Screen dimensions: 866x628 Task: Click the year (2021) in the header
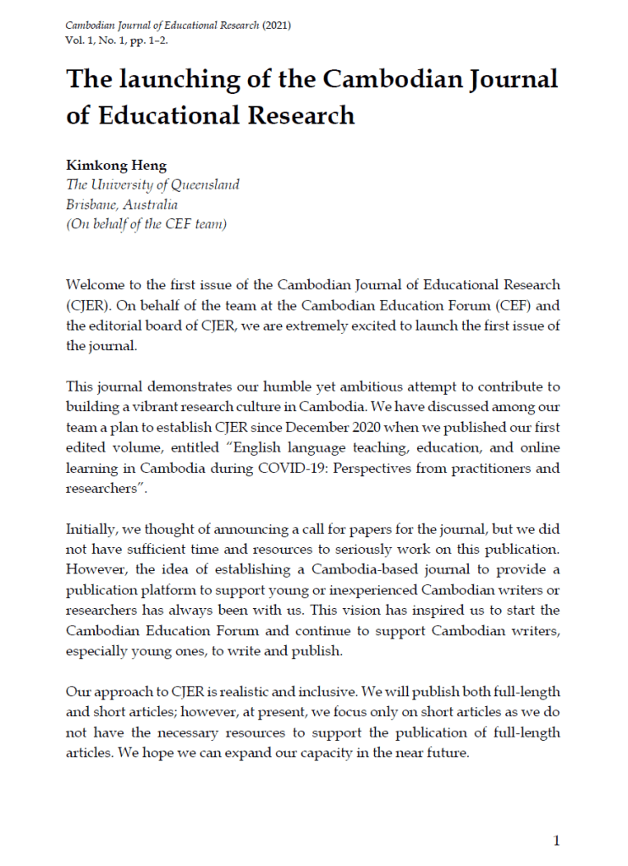click(276, 25)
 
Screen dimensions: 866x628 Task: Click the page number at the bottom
click(556, 841)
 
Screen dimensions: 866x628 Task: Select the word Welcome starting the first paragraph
click(95, 285)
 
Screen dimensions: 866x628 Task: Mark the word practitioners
click(491, 469)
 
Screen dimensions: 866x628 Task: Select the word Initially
click(91, 529)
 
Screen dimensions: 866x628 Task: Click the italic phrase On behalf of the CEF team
click(146, 224)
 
